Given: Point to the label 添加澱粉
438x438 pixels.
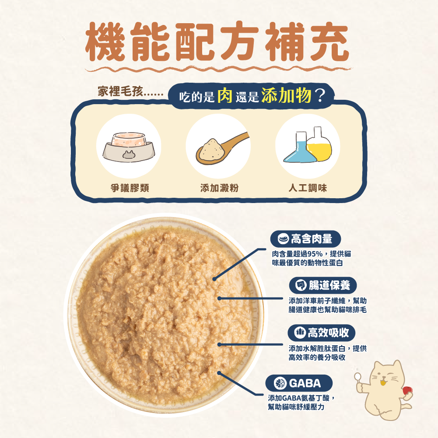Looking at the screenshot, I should (x=219, y=188).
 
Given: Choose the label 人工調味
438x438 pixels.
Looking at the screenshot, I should (x=308, y=188).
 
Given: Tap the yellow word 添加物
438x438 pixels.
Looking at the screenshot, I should (x=285, y=96).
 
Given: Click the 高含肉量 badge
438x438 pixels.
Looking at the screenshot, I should (x=305, y=238).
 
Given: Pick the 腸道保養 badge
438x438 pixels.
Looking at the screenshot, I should (x=322, y=286).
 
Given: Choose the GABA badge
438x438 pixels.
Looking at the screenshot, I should (x=299, y=384).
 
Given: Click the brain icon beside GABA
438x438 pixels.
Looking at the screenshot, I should (x=280, y=384).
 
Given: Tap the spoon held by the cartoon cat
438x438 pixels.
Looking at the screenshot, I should (x=357, y=377).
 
